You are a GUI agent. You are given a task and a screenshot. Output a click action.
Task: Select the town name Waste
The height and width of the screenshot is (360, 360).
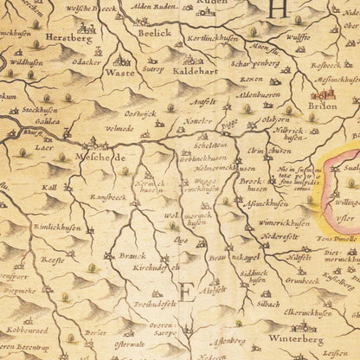[119, 74]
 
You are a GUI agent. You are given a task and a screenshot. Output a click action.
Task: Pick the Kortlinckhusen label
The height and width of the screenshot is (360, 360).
[215, 41]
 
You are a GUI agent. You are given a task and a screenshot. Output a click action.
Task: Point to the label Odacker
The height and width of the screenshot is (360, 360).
[86, 62]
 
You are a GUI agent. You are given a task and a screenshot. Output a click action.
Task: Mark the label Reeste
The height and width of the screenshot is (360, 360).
[53, 258]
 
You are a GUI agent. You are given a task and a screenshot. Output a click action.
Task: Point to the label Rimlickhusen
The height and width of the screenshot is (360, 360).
[57, 228]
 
